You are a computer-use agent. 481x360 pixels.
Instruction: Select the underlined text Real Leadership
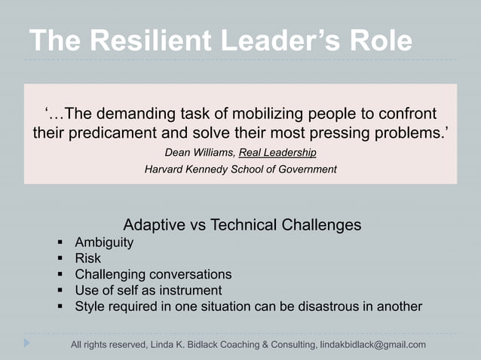point(277,153)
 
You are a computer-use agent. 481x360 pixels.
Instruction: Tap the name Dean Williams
point(198,153)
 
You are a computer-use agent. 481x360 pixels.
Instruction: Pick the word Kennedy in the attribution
point(213,169)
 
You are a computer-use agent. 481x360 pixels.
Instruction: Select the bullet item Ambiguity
point(104,243)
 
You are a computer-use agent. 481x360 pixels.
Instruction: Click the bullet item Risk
point(87,258)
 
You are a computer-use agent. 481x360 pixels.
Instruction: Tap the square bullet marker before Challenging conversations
point(61,275)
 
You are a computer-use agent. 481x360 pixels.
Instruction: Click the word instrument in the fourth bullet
point(193,290)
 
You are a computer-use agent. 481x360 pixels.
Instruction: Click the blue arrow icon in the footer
point(27,343)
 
